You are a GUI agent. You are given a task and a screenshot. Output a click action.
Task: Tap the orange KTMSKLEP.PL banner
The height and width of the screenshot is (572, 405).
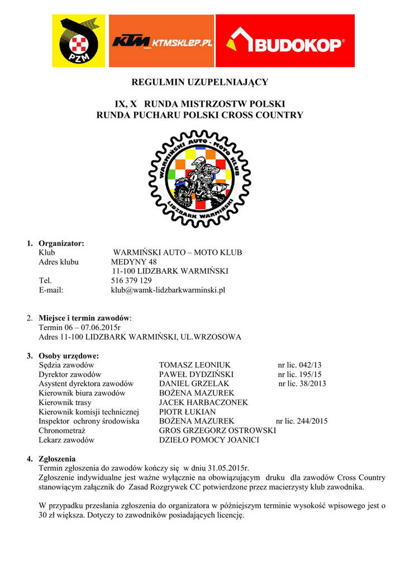tap(162, 41)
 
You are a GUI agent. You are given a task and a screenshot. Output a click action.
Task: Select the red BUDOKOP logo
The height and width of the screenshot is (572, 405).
tap(285, 41)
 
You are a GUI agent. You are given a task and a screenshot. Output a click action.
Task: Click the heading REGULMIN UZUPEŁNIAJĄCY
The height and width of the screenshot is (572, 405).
tap(199, 82)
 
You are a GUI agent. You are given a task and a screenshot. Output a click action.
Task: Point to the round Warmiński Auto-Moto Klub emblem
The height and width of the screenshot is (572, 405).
tap(199, 177)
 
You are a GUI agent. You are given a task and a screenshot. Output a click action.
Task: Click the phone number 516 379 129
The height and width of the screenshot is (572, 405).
tap(131, 280)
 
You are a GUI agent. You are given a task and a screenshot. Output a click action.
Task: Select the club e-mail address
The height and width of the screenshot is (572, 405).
tap(168, 290)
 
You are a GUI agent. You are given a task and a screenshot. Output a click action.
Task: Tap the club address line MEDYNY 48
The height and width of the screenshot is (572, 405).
tap(134, 261)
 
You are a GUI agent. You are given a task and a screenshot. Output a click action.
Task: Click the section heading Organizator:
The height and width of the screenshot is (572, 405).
tap(61, 243)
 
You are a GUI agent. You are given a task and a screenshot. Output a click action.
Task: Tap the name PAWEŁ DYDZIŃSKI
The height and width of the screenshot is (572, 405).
tap(196, 374)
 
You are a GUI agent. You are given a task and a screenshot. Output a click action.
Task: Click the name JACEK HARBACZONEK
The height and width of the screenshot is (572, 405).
tap(203, 402)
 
